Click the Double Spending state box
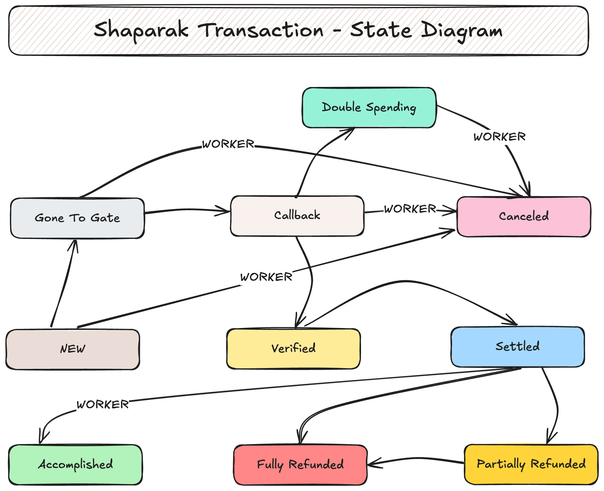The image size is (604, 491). (x=369, y=108)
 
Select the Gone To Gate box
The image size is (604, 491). (x=77, y=218)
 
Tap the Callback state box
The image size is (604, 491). (x=297, y=216)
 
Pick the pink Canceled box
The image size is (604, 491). (x=524, y=217)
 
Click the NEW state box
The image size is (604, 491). (x=73, y=349)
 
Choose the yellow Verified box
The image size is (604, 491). (x=293, y=348)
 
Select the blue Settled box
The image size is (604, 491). (x=517, y=347)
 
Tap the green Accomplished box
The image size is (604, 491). (x=75, y=464)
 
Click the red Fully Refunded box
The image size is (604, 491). (x=300, y=465)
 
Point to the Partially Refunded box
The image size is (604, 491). (x=531, y=464)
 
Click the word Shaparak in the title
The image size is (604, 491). (x=141, y=30)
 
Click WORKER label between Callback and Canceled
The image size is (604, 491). (x=410, y=209)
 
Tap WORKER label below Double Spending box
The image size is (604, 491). (x=499, y=137)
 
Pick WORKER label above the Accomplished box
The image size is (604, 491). (x=103, y=405)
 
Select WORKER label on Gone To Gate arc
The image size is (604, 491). (x=228, y=144)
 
